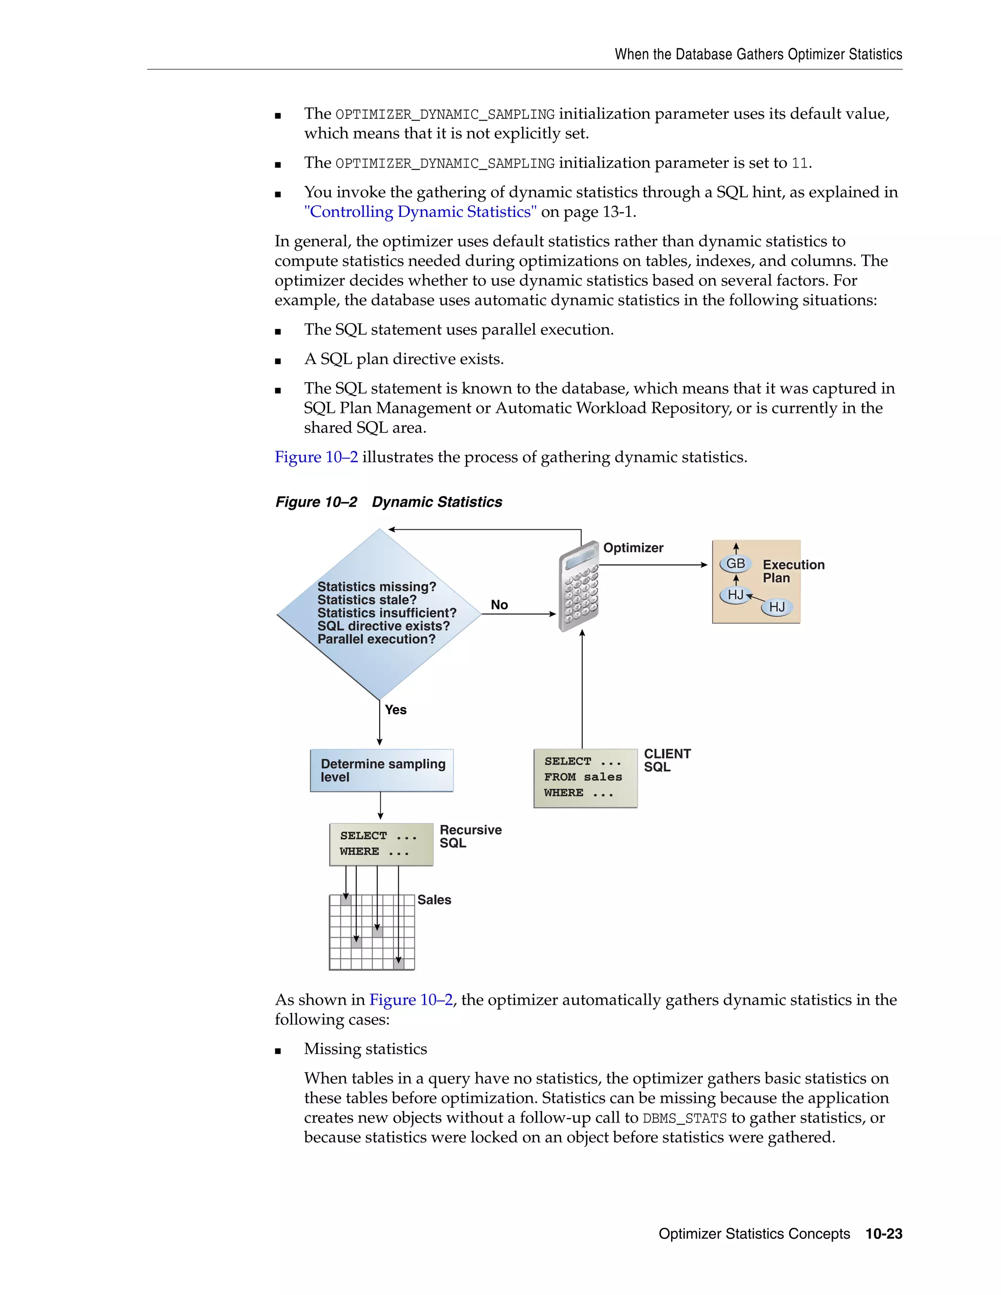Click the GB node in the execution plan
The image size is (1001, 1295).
pyautogui.click(x=735, y=563)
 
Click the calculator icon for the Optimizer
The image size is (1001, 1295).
pyautogui.click(x=579, y=586)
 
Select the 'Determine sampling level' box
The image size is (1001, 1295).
pyautogui.click(x=382, y=770)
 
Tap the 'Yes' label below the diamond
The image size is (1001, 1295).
pyautogui.click(x=395, y=710)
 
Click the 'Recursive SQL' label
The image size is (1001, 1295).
pyautogui.click(x=470, y=836)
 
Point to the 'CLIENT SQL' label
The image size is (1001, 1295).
pyautogui.click(x=667, y=760)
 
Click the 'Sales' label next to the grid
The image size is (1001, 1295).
pyautogui.click(x=434, y=900)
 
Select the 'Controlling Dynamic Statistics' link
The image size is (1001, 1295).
pyautogui.click(x=420, y=212)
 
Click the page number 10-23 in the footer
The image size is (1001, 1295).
pyautogui.click(x=884, y=1234)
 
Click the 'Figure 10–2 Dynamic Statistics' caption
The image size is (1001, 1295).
pyautogui.click(x=389, y=502)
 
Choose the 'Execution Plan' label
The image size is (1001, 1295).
pyautogui.click(x=793, y=571)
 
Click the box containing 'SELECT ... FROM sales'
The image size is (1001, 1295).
pyautogui.click(x=585, y=777)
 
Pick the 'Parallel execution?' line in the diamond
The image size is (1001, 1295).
pyautogui.click(x=376, y=639)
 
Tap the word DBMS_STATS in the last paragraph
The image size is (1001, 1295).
pyautogui.click(x=684, y=1118)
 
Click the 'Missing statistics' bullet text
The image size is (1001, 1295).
pyautogui.click(x=365, y=1049)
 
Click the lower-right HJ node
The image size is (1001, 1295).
pyautogui.click(x=777, y=606)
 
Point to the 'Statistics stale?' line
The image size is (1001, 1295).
pyautogui.click(x=367, y=600)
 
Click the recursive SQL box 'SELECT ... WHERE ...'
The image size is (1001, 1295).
pyautogui.click(x=381, y=844)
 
